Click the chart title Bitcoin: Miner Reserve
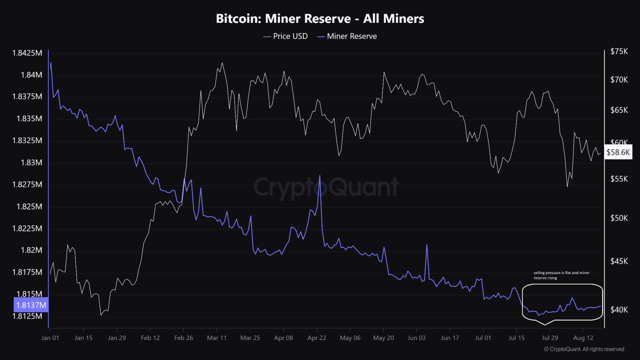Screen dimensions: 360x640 320,18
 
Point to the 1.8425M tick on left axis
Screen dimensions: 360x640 27,53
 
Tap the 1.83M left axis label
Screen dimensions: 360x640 31,162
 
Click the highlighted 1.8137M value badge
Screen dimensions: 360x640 31,305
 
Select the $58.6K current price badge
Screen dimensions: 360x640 618,152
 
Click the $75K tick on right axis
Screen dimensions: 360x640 619,51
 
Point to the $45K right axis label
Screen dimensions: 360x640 619,261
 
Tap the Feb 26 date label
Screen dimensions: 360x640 184,338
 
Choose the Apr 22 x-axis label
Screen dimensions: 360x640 317,338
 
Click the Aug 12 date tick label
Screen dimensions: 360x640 583,338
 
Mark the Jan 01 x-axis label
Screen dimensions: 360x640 50,338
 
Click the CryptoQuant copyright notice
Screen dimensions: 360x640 584,349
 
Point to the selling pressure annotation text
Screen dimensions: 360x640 561,275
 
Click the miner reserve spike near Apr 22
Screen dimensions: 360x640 320,176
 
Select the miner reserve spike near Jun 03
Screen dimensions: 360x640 427,245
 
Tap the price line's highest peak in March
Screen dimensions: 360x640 222,63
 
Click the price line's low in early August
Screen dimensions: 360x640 567,186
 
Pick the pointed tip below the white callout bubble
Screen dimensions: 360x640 545,325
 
